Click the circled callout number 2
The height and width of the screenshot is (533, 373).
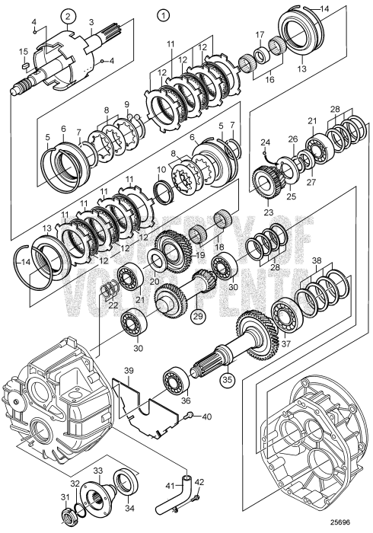tap(69, 16)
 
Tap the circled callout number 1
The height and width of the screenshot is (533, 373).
tap(163, 16)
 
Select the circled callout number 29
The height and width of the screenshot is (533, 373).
tap(198, 316)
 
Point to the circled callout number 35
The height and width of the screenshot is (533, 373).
tap(227, 379)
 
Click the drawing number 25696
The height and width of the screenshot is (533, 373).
tap(341, 522)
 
